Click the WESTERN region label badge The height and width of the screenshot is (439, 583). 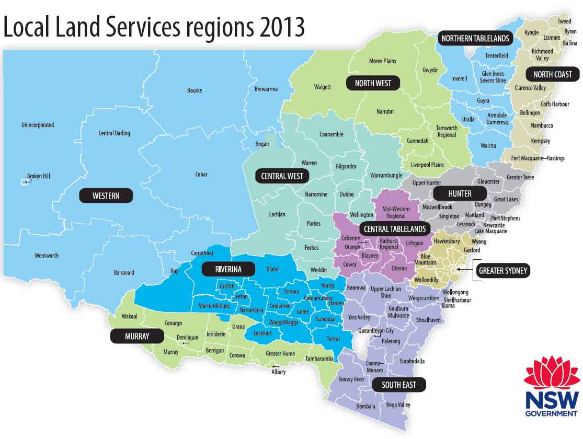[106, 196]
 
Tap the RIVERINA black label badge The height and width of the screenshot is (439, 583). [228, 270]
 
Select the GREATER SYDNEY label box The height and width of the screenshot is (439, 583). [502, 271]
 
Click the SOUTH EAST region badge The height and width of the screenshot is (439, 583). [399, 385]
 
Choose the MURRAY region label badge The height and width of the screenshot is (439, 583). [137, 336]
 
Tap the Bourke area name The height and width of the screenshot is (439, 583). [194, 90]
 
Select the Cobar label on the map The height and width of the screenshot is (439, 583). [201, 175]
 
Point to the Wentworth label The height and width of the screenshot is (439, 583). [47, 256]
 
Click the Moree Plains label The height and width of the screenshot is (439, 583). [383, 61]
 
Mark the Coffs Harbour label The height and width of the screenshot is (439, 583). [555, 104]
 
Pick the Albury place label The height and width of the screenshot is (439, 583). [279, 372]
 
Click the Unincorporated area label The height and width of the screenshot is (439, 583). [38, 125]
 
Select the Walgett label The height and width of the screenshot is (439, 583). [322, 87]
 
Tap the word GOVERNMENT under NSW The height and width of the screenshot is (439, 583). [552, 413]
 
